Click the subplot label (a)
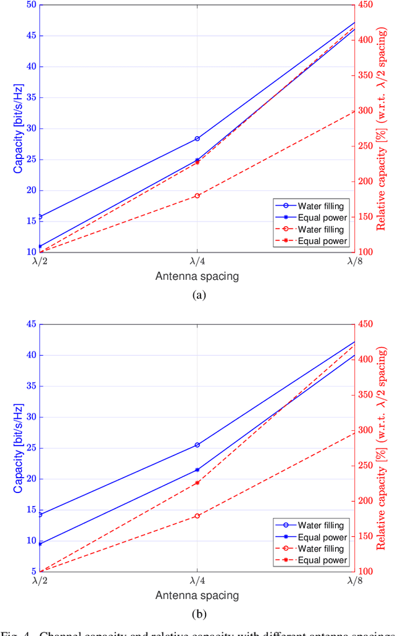click(198, 295)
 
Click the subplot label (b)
click(198, 614)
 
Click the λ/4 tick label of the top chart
click(197, 262)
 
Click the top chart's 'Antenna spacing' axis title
click(197, 276)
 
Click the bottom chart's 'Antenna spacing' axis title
click(197, 595)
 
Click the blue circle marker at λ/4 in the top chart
click(197, 139)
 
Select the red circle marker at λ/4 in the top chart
click(197, 195)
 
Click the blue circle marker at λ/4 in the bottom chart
click(197, 444)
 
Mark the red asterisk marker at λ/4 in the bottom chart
click(197, 483)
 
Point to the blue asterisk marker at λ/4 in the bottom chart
click(197, 470)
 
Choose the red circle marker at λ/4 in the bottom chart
click(197, 515)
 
